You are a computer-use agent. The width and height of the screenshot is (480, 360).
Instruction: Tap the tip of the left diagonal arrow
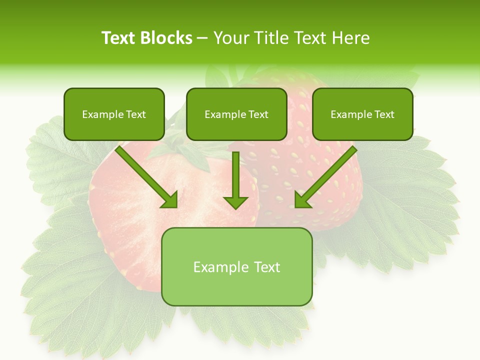pos(176,206)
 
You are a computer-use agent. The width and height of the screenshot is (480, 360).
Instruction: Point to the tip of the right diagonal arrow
pos(296,206)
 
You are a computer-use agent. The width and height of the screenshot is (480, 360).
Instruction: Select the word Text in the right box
pos(384,114)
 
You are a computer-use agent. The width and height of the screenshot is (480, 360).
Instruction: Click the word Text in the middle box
pos(258,114)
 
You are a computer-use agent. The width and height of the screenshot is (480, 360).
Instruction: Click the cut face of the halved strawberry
pos(130,220)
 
